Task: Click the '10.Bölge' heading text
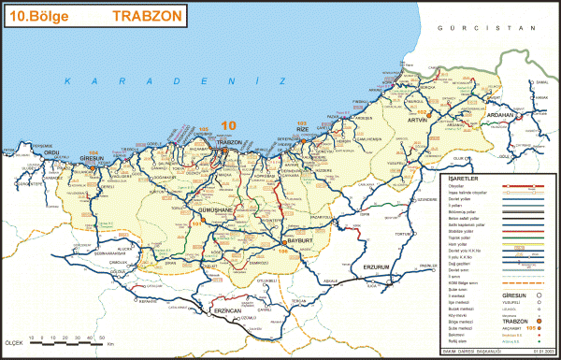(36, 15)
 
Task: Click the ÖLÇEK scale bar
(56, 344)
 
